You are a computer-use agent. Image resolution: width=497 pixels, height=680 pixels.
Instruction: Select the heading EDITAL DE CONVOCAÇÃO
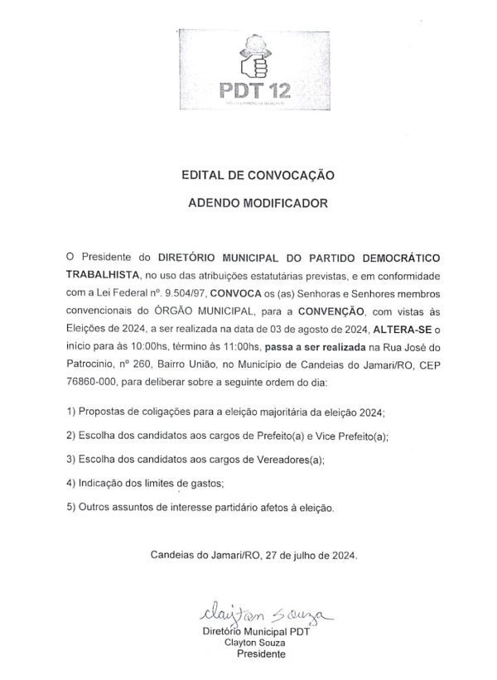point(257,176)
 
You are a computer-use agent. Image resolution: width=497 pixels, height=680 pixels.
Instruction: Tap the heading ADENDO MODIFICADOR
point(257,201)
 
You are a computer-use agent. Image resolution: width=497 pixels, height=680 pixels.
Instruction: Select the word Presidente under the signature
point(261,653)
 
